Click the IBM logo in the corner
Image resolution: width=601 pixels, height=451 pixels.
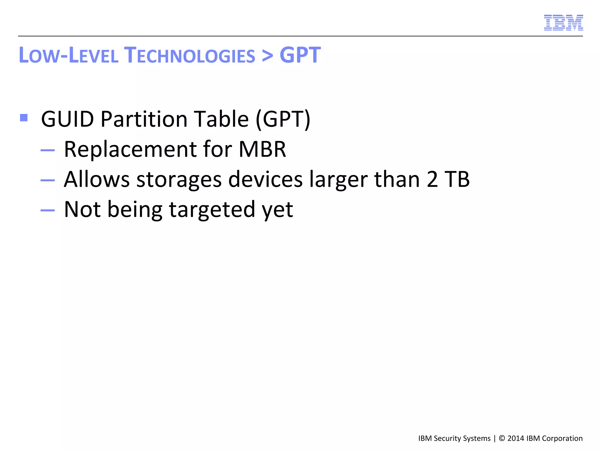563,23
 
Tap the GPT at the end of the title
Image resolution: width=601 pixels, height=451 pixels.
300,55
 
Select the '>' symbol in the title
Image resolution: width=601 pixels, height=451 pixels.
267,55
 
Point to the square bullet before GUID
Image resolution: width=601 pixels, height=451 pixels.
24,118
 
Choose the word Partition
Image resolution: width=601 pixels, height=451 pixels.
144,119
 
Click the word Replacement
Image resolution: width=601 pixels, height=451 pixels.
130,149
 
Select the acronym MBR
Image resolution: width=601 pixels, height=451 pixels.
262,149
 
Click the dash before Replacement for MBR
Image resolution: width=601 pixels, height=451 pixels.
48,150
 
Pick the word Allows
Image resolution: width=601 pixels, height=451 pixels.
97,179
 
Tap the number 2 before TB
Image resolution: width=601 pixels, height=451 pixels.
432,179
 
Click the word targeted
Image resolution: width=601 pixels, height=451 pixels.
212,210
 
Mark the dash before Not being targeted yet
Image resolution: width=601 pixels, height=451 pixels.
48,210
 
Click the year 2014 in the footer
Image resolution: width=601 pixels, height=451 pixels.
516,438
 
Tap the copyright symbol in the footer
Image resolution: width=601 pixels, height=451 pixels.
502,438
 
